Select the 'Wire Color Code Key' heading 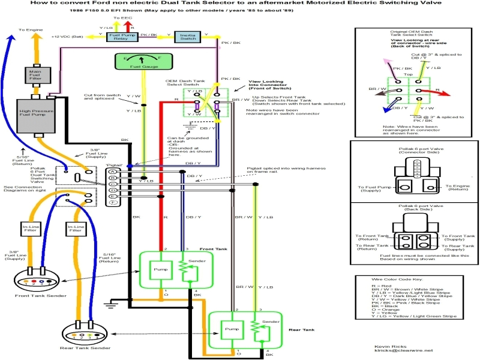tap(398, 280)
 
